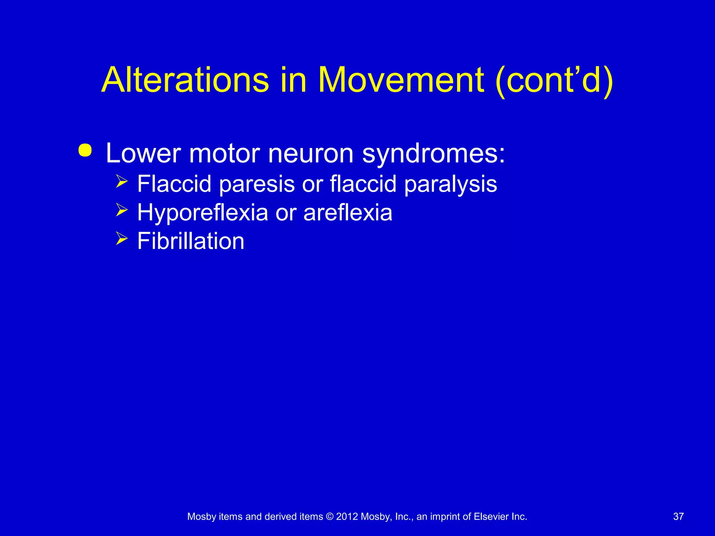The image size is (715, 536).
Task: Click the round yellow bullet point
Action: pyautogui.click(x=85, y=151)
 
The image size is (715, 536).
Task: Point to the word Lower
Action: pyautogui.click(x=143, y=153)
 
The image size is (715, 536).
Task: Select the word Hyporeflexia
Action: pyautogui.click(x=202, y=213)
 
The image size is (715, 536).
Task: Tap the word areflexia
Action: pyautogui.click(x=348, y=213)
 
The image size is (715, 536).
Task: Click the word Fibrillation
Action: pyautogui.click(x=191, y=241)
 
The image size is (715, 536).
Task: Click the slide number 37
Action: pyautogui.click(x=678, y=516)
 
